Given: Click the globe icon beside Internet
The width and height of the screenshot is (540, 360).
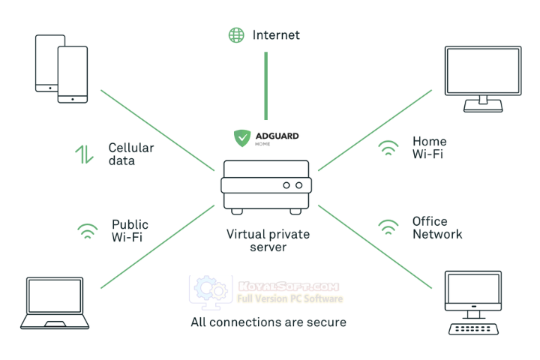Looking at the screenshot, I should [236, 34].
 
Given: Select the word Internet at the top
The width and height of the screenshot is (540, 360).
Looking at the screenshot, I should [276, 34].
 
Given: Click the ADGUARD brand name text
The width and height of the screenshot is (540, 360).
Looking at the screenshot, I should [277, 136].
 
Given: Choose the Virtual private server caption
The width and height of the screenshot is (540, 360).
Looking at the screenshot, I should [268, 240].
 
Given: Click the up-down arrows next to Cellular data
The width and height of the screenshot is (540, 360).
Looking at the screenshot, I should [84, 154].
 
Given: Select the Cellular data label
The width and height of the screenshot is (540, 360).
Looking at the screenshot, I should [130, 154].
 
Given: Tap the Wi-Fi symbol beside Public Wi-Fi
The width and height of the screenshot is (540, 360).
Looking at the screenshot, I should [87, 231].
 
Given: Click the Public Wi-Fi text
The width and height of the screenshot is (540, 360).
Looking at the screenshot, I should [130, 231].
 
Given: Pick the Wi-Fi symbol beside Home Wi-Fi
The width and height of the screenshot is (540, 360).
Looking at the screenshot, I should [388, 148].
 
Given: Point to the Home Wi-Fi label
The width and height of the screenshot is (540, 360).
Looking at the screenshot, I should [429, 148].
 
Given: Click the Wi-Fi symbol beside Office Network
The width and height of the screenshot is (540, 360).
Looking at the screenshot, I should [388, 227].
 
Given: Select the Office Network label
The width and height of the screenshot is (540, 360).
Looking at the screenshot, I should [437, 227].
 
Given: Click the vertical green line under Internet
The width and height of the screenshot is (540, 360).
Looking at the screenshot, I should [265, 85].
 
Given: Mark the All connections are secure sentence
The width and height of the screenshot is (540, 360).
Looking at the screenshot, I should [268, 322].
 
